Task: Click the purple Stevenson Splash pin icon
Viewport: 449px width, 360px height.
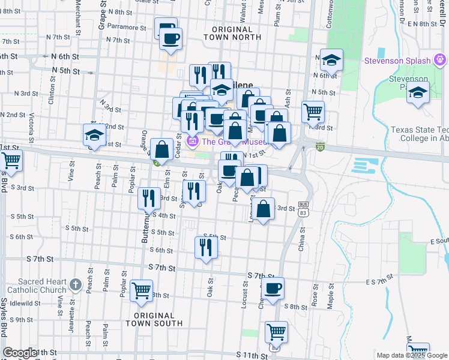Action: click(x=440, y=61)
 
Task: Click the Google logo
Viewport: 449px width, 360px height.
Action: click(x=20, y=353)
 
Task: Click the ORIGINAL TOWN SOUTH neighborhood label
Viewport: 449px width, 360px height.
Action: click(x=154, y=319)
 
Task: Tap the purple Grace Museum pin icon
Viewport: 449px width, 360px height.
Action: click(x=193, y=142)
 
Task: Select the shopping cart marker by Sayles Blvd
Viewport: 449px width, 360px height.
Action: click(x=10, y=160)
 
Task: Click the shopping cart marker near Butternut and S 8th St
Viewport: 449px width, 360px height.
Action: click(x=142, y=290)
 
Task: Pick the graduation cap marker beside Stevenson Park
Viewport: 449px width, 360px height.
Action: click(x=418, y=93)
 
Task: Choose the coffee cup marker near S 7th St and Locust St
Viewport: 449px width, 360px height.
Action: click(x=273, y=287)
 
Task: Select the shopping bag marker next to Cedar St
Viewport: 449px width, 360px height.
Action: click(x=162, y=148)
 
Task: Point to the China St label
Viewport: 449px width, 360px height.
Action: click(x=302, y=238)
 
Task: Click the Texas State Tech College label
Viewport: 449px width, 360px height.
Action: click(x=419, y=134)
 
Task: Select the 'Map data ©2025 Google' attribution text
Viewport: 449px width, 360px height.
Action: click(x=411, y=355)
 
